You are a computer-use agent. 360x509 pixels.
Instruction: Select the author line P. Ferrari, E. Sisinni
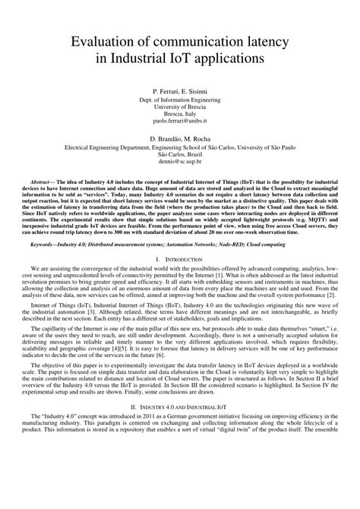pos(179,90)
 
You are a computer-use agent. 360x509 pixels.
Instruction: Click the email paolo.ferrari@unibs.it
pos(179,121)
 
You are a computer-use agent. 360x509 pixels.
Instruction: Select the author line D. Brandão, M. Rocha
pos(179,141)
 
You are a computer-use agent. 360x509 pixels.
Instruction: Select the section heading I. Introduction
pos(179,260)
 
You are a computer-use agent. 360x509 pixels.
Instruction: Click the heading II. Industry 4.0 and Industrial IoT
pos(179,408)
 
